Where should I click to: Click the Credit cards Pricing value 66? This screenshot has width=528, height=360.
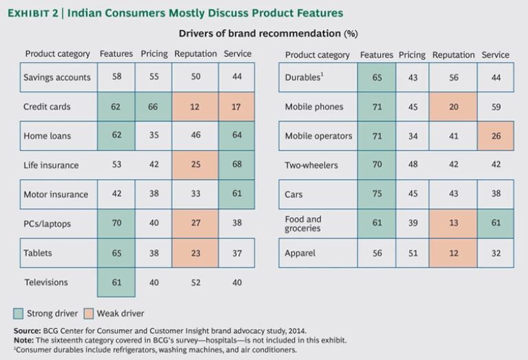point(154,106)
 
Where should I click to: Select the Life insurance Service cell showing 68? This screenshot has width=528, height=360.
point(237,165)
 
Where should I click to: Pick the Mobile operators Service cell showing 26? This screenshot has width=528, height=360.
point(496,136)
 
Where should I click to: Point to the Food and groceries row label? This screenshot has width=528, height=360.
point(303,224)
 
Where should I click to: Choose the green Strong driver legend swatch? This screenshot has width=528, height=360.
point(19,314)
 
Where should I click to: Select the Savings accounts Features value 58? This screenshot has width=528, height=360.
point(117,77)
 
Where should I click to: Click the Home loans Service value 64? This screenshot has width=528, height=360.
point(237,136)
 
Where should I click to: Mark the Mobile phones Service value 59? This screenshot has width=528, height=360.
point(496,106)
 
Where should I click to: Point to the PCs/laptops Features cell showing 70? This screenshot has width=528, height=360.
point(117,223)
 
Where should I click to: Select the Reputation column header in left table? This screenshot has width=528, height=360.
point(195,54)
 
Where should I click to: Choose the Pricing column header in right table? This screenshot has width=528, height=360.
point(412,55)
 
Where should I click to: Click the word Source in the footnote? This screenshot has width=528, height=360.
point(26,330)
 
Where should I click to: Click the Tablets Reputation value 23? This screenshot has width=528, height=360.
point(196,253)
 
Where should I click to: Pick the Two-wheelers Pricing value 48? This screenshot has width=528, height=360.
point(412,165)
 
